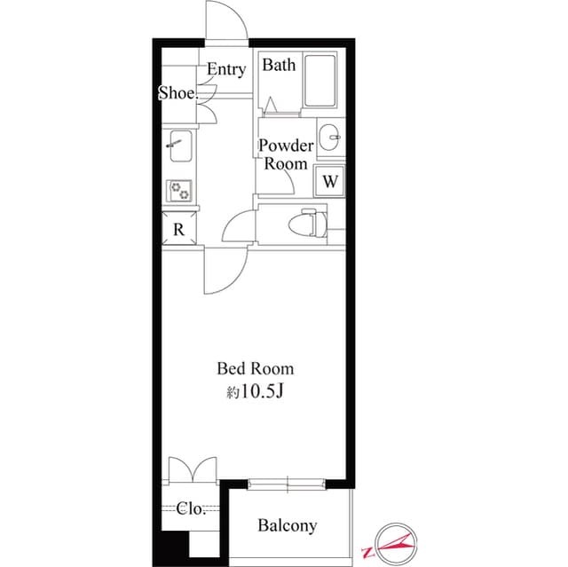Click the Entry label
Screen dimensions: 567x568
pyautogui.click(x=226, y=69)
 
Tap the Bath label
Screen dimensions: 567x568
pyautogui.click(x=279, y=65)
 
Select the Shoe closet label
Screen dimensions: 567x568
pyautogui.click(x=177, y=93)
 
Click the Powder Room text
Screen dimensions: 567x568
pyautogui.click(x=285, y=154)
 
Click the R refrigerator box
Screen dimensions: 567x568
pyautogui.click(x=178, y=229)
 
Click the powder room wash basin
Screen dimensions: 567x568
pyautogui.click(x=330, y=136)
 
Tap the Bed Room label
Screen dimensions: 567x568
pyautogui.click(x=256, y=368)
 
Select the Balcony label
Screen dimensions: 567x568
pyautogui.click(x=287, y=526)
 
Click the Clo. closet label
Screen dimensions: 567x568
pyautogui.click(x=191, y=509)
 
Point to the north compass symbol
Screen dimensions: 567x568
pyautogui.click(x=392, y=540)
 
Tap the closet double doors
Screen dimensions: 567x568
pyautogui.click(x=192, y=470)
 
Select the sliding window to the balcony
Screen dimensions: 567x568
pyautogui.click(x=288, y=484)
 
